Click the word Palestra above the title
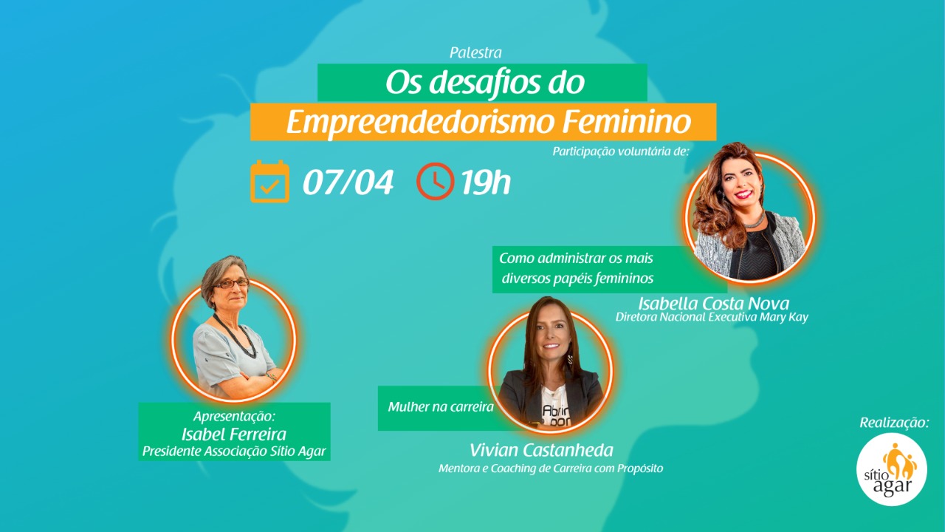(475, 52)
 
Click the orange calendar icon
(270, 182)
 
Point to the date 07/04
(348, 183)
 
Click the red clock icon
(436, 181)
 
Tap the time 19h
(486, 183)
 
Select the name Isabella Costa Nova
(713, 303)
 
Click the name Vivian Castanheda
(541, 450)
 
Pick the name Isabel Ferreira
(234, 434)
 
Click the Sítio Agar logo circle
(891, 469)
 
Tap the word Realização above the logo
(894, 422)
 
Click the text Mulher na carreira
(441, 407)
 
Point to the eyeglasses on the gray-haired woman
(231, 283)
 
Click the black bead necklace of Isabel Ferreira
(238, 338)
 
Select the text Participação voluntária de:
(621, 151)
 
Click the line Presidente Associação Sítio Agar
(234, 451)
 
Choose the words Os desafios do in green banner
(485, 83)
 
